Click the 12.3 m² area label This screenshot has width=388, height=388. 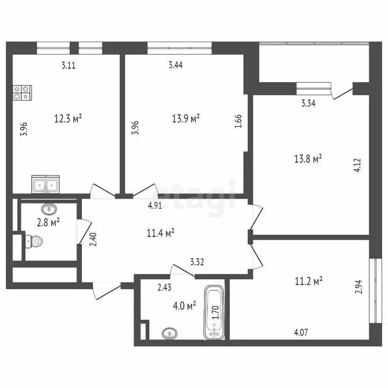[x=68, y=119]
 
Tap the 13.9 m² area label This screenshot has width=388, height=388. [x=185, y=119]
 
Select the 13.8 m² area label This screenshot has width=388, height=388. [x=308, y=160]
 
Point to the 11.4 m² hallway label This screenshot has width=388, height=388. [x=161, y=233]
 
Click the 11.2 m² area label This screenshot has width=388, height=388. [x=309, y=281]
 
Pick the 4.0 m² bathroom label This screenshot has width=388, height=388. [x=184, y=306]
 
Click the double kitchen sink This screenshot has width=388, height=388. [x=45, y=184]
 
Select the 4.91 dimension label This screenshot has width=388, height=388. [x=155, y=206]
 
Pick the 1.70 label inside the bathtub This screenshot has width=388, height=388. [x=216, y=312]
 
